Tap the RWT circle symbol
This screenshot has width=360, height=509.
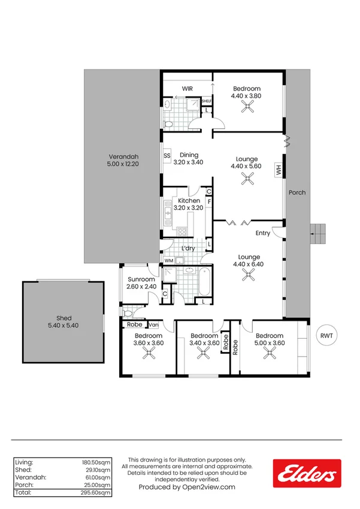click(x=326, y=336)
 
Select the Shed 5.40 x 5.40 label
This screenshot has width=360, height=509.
click(x=64, y=322)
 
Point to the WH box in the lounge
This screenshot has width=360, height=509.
click(x=279, y=170)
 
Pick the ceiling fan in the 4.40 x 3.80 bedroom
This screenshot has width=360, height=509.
click(x=246, y=107)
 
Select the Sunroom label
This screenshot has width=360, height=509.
click(x=141, y=283)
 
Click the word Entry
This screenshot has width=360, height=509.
click(x=263, y=233)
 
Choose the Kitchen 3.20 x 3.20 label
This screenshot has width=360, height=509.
click(x=189, y=204)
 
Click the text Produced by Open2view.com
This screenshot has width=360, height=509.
click(x=187, y=487)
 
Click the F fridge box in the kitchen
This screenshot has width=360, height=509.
click(x=209, y=202)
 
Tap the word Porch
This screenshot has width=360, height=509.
click(x=297, y=192)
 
